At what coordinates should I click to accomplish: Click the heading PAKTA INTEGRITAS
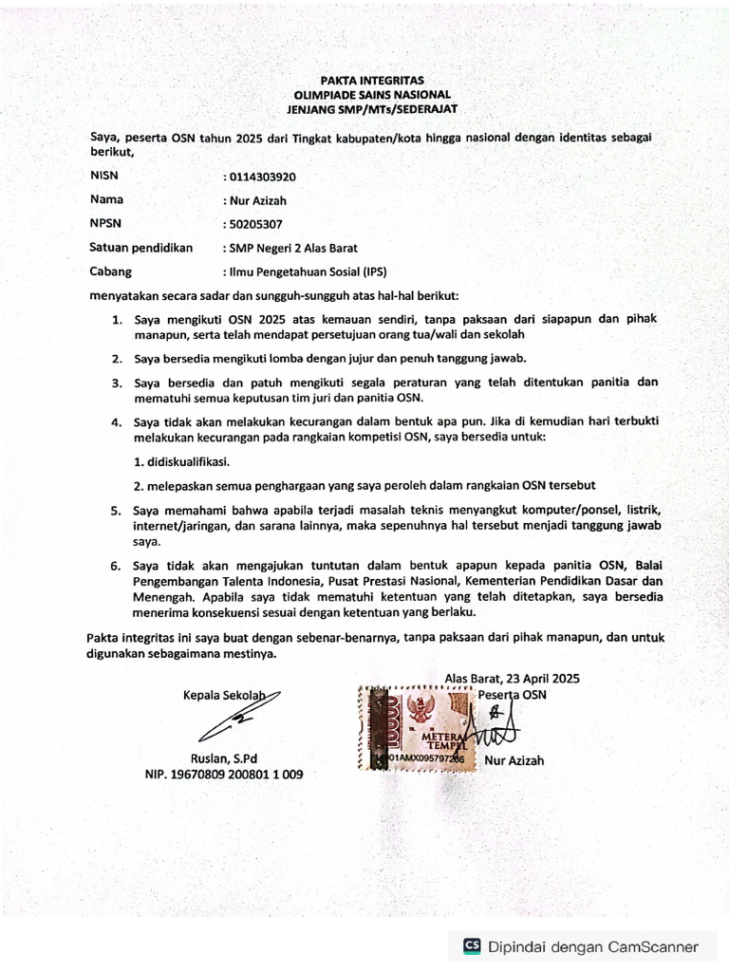coord(359,81)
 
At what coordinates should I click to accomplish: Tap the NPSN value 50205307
coord(254,225)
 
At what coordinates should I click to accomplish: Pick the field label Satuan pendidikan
coord(140,248)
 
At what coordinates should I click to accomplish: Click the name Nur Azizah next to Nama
coord(257,200)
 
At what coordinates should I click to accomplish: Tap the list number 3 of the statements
coord(117,383)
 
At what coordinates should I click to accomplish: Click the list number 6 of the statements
coord(117,567)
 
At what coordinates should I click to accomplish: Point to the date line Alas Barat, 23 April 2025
coord(512,679)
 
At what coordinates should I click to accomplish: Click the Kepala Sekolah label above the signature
coord(225,695)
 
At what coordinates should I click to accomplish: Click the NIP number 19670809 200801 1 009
coord(224,775)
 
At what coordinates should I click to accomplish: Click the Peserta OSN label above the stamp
coord(513,695)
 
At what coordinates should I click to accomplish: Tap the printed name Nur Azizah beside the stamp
coord(514,760)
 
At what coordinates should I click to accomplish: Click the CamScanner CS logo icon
coord(472,945)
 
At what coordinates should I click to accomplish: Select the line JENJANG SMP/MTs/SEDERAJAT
coord(359,110)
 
